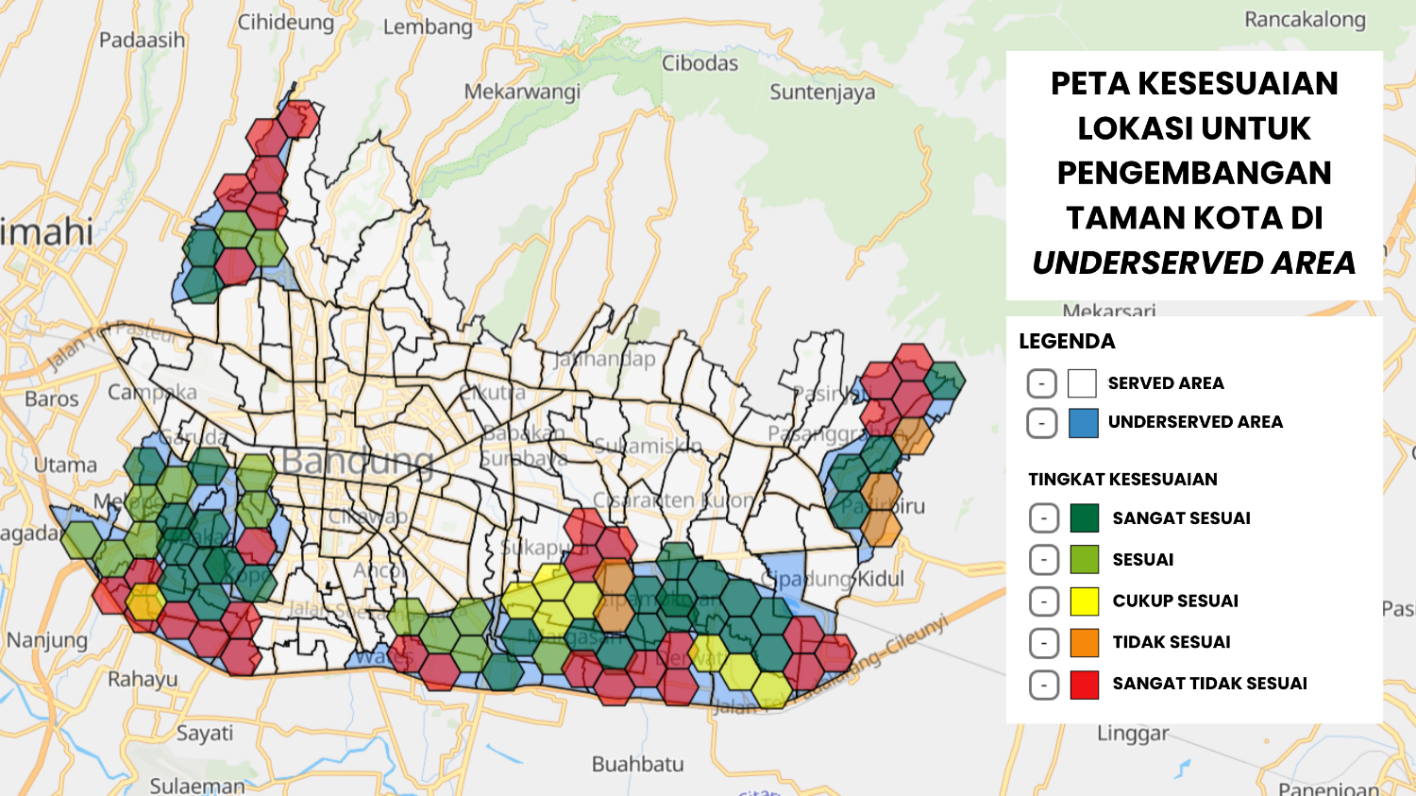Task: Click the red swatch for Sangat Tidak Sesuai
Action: tap(1085, 684)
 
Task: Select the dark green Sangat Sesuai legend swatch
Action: tap(1085, 518)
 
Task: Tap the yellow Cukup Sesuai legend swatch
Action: tap(1085, 601)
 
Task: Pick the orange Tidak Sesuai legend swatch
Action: tap(1085, 643)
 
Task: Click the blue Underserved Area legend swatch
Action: tap(1083, 423)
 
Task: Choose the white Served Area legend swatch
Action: tap(1082, 383)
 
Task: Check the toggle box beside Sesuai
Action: tap(1043, 560)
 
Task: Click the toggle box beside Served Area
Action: tap(1041, 383)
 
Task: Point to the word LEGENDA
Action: tap(1067, 342)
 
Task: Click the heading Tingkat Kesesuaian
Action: tap(1122, 480)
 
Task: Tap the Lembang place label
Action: tap(428, 26)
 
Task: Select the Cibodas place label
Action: tap(700, 63)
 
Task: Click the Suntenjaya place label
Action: tap(822, 93)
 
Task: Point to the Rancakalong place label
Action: tap(1305, 20)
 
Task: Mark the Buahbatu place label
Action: tap(637, 764)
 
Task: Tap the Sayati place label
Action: tap(205, 733)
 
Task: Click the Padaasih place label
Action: tap(142, 41)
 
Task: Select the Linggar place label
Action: tap(1133, 734)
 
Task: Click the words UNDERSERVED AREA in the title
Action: tap(1193, 263)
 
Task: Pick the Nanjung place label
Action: tap(47, 640)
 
